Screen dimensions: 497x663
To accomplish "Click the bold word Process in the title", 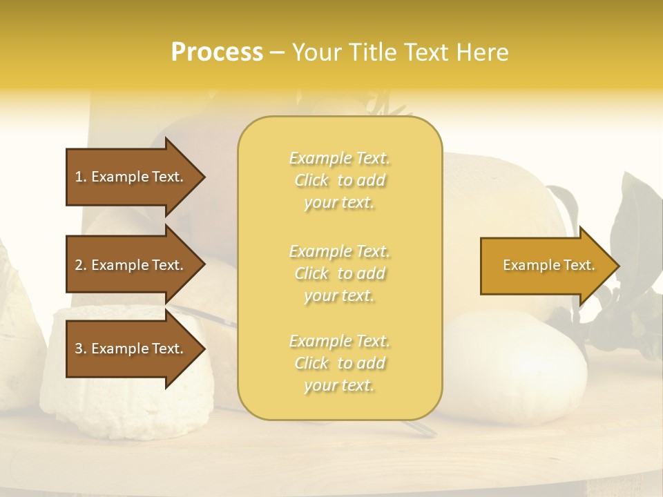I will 217,52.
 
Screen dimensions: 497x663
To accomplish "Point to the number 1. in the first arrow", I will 81,177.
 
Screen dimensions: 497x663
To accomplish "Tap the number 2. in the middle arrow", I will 81,265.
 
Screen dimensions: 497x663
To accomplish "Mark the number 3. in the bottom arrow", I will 81,349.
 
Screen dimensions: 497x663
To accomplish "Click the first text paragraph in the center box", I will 339,180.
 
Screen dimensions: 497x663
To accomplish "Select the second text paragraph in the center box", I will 339,273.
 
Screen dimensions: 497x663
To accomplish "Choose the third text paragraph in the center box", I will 339,363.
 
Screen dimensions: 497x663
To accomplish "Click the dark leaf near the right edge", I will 639,207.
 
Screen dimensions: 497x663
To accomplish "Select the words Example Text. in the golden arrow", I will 548,265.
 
